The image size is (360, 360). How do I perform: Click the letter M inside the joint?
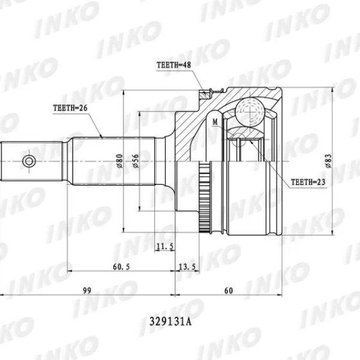[214, 122]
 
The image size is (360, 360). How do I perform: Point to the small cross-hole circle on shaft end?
[28, 160]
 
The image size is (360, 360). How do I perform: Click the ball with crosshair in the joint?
[248, 110]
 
